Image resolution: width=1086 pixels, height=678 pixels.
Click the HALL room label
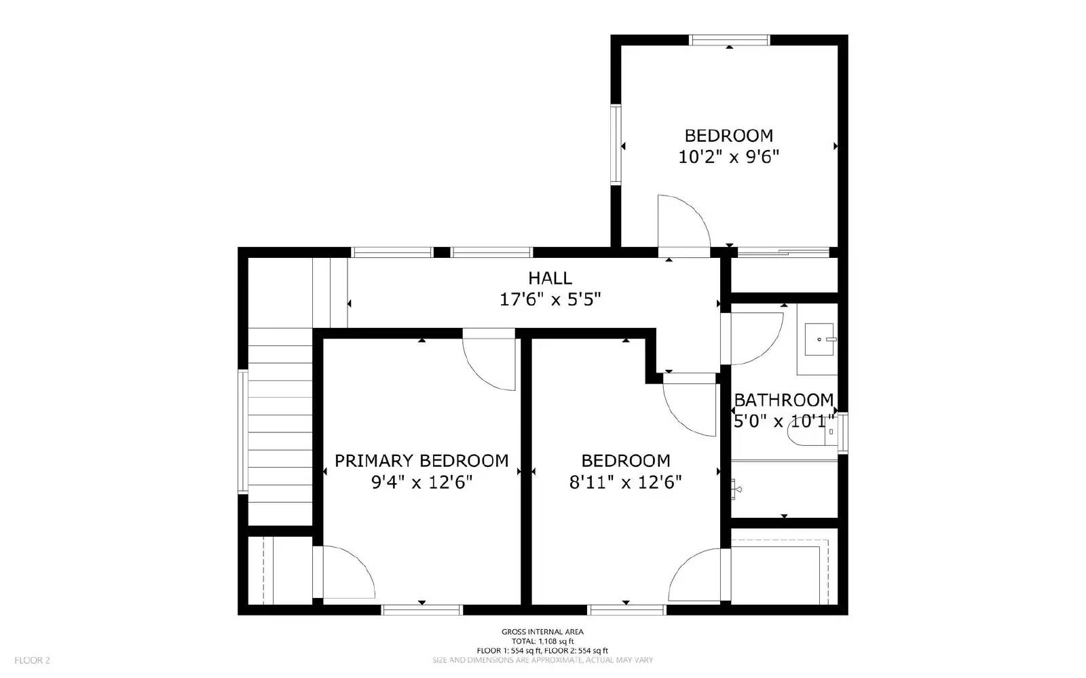click(x=550, y=278)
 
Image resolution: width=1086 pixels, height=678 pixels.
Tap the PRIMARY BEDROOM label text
click(x=422, y=461)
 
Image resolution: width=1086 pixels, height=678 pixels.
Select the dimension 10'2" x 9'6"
click(x=728, y=157)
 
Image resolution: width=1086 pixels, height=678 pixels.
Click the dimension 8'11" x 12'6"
click(x=625, y=483)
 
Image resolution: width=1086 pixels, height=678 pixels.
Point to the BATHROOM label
click(x=783, y=400)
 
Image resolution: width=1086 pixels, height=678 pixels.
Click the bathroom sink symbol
click(x=820, y=339)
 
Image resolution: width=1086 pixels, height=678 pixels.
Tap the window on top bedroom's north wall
click(x=729, y=40)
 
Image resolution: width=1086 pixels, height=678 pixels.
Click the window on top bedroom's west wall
click(x=616, y=144)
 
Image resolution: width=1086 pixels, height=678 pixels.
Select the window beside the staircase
click(x=242, y=431)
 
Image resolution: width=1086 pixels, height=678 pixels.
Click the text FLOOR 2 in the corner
click(x=33, y=660)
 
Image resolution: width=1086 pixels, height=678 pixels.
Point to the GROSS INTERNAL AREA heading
click(x=542, y=632)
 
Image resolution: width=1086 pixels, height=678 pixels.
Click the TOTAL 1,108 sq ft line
click(x=542, y=641)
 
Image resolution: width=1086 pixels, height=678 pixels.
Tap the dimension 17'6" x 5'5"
click(x=550, y=299)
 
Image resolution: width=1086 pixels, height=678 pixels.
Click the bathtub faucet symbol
click(x=736, y=488)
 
